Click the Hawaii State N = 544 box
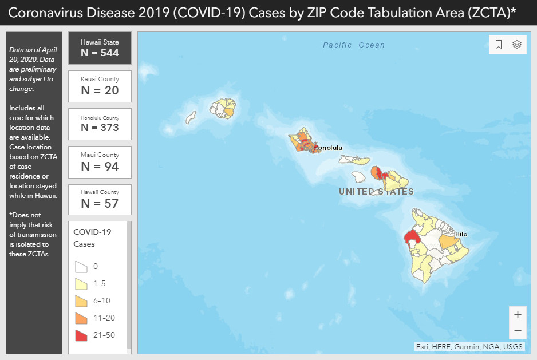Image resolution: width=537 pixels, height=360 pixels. (100, 48)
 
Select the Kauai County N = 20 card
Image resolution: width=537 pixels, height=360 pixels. (100, 86)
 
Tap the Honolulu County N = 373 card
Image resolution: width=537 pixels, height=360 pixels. (100, 124)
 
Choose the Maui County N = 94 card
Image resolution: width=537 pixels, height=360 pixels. (100, 161)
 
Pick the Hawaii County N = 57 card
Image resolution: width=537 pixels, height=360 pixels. (100, 199)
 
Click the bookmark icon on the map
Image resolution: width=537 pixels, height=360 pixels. (499, 45)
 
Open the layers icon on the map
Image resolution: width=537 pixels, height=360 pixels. (516, 45)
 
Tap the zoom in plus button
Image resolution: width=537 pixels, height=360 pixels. (518, 315)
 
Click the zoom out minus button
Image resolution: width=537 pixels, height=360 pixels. (518, 330)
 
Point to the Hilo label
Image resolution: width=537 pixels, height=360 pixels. (461, 234)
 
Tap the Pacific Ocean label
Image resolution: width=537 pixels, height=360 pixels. (354, 45)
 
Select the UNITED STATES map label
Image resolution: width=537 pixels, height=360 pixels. (376, 192)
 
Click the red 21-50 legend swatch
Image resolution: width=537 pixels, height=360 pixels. (81, 335)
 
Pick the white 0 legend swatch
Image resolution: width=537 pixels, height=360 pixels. (81, 266)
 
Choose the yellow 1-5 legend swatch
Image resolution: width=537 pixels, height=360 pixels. (81, 283)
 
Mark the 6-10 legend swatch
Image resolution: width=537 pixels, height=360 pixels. (81, 300)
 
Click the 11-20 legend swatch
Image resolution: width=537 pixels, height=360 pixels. (81, 318)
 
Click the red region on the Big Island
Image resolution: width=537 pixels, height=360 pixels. (411, 238)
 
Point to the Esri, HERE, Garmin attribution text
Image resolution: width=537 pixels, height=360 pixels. (469, 346)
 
